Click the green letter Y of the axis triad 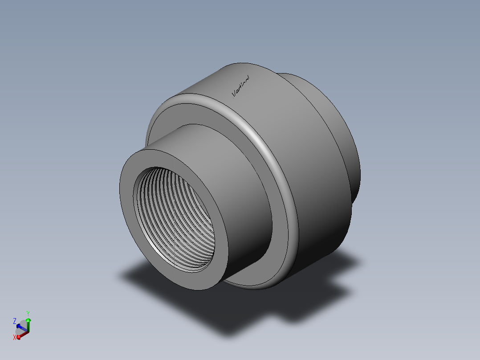pos(28,313)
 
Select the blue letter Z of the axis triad pos(15,321)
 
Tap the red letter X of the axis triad pos(15,337)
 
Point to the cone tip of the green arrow pos(28,319)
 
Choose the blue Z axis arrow pos(21,327)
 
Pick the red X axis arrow pos(21,335)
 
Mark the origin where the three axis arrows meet pos(28,332)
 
